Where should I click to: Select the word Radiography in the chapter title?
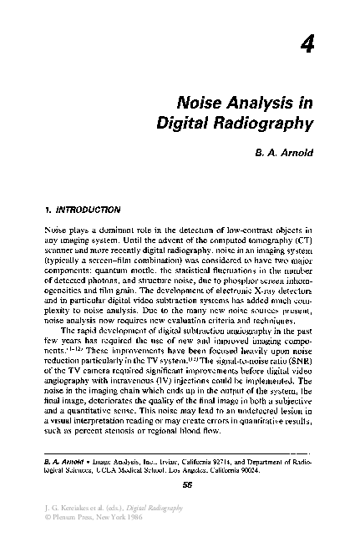pyautogui.click(x=266, y=125)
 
